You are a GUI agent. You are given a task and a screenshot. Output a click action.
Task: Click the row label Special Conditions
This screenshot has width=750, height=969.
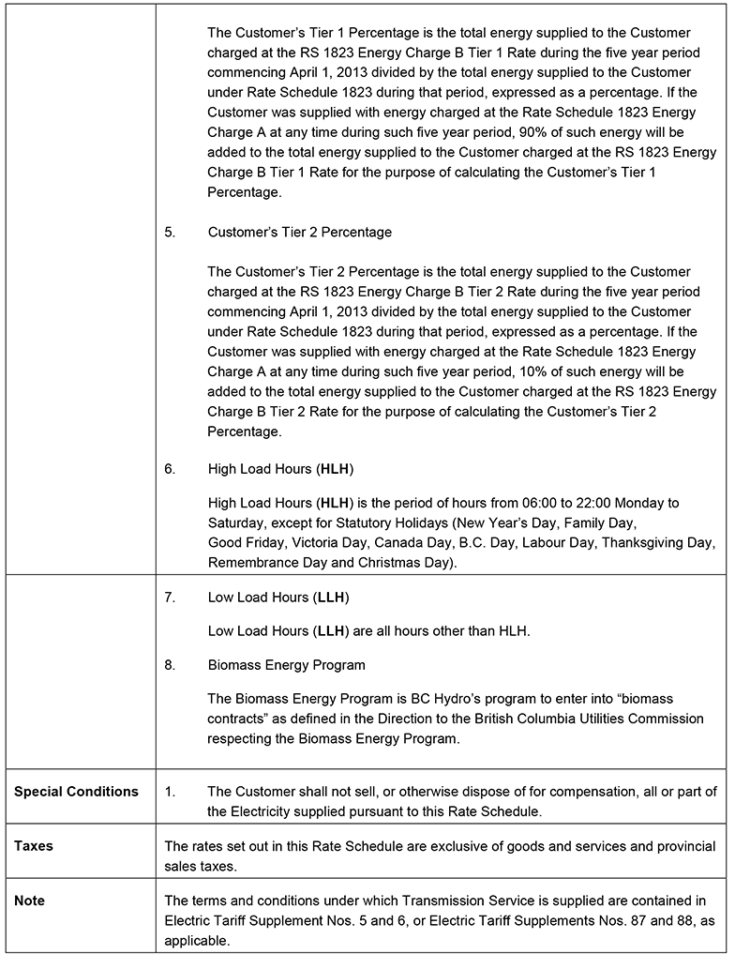pos(76,792)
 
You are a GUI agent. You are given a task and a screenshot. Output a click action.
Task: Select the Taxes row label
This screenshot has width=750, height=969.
pos(34,846)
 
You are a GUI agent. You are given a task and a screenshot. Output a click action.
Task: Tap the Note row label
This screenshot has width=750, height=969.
pos(30,901)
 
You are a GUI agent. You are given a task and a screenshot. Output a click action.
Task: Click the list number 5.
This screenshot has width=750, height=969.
pos(170,232)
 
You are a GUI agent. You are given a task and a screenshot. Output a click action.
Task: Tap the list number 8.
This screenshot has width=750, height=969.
pos(170,665)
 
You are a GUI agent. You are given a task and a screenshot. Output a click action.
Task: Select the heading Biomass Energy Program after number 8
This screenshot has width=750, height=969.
pos(287,665)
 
